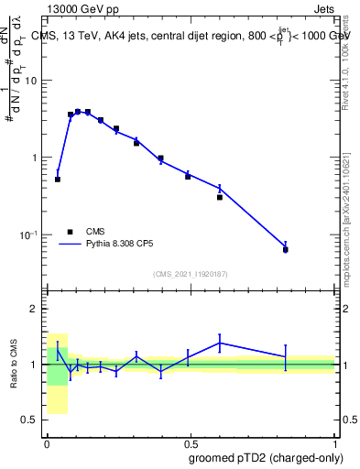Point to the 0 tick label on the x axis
pos(47,442)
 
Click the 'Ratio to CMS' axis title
pos(14,365)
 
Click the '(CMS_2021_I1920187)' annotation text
pos(190,273)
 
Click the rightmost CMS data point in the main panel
pos(286,249)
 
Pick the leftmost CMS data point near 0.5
pos(58,180)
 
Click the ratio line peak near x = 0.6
pos(220,343)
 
